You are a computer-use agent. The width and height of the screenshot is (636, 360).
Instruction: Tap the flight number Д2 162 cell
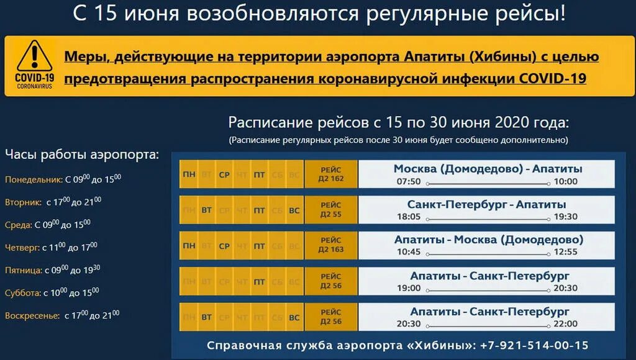tap(331, 174)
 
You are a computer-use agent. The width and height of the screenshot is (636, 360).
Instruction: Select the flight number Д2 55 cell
tap(331, 210)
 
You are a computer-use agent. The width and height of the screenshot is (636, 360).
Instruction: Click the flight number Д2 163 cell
tap(331, 245)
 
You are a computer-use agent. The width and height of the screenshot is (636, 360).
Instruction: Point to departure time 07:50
tap(409, 182)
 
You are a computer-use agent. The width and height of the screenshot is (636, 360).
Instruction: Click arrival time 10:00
tap(565, 182)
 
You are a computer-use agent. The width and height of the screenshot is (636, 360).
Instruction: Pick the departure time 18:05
tap(409, 217)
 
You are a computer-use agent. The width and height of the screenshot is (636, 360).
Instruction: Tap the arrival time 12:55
tap(565, 252)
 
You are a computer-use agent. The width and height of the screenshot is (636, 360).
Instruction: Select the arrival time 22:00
tap(565, 323)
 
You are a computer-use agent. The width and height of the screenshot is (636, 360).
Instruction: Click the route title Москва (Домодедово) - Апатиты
tap(488, 169)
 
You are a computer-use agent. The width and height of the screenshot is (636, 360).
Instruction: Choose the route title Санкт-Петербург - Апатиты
tap(487, 204)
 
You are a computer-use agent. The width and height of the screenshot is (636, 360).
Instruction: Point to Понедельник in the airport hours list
tap(34, 180)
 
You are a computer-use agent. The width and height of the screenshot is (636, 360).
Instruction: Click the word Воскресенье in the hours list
tap(32, 315)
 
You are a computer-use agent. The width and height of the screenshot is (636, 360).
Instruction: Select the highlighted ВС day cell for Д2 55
tap(294, 210)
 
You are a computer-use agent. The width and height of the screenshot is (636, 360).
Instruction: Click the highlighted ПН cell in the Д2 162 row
tap(188, 175)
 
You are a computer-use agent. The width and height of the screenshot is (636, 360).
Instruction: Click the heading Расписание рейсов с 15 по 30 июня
tap(398, 122)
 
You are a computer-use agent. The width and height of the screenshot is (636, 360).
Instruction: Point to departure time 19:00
tap(409, 288)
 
